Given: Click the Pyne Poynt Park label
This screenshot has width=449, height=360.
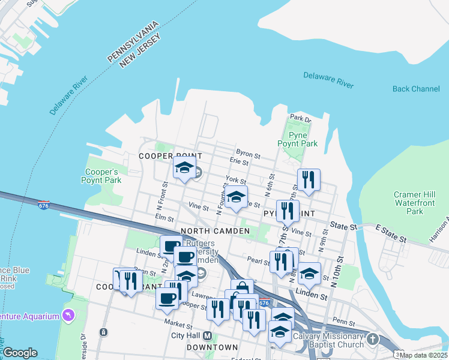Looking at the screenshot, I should (x=297, y=139).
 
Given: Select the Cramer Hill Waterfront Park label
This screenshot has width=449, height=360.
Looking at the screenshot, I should (x=415, y=203).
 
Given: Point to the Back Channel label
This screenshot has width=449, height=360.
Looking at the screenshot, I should (x=416, y=89).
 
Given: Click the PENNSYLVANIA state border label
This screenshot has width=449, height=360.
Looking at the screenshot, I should (x=133, y=41).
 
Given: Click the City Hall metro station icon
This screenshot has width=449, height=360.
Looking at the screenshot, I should (x=208, y=335).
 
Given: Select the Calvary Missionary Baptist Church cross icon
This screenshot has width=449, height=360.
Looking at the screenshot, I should (x=373, y=340).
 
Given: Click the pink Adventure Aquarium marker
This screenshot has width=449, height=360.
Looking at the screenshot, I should (x=68, y=316).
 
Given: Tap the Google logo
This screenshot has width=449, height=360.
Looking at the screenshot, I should (x=20, y=353).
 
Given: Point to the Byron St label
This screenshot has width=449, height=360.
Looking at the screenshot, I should (x=248, y=154).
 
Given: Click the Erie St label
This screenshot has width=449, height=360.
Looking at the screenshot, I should (x=239, y=162).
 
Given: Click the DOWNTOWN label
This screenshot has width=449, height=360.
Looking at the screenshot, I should (x=212, y=347).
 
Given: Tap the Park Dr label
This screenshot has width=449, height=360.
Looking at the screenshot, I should (x=301, y=118).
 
